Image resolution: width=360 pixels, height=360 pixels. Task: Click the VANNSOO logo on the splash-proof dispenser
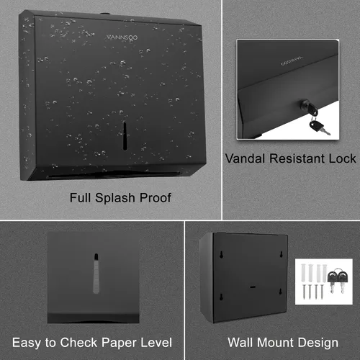pos(122,37)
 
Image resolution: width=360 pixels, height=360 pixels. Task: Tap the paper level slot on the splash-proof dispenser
pos(125,136)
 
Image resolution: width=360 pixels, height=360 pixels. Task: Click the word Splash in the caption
pos(115,198)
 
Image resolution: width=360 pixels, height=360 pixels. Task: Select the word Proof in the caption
pos(156,198)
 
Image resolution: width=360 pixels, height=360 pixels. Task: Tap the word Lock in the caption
pos(342,158)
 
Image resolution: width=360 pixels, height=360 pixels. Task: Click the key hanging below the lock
pos(319,127)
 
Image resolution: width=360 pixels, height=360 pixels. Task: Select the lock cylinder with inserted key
pos(309,107)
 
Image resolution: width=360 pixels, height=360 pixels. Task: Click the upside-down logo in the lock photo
pos(292,60)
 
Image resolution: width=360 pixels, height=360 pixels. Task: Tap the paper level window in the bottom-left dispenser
pos(96,274)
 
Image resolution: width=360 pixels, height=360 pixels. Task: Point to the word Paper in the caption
pos(120,343)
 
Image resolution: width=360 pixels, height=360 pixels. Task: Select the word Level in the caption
pos(156,343)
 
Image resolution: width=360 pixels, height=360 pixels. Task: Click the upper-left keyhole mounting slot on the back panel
pos(222,254)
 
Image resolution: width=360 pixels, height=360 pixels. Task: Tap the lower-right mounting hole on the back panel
pos(280,292)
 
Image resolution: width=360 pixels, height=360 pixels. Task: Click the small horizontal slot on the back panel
pos(253,287)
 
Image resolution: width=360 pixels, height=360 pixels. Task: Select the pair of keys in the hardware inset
pos(338,280)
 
